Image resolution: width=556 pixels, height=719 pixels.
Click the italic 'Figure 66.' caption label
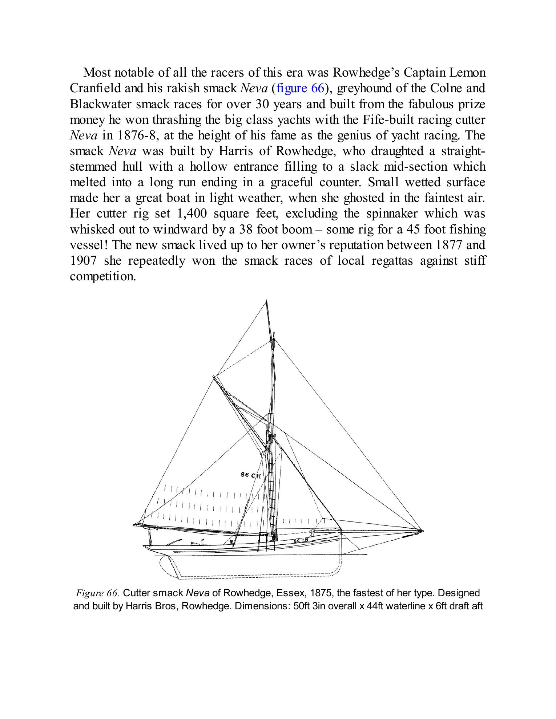[x=97, y=593]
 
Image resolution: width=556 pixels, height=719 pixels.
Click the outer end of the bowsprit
[x=422, y=531]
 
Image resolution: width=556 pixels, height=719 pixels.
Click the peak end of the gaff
[x=214, y=377]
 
